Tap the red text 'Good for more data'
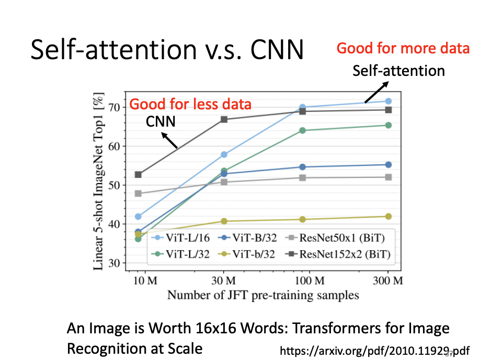point(403,49)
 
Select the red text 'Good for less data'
point(190,104)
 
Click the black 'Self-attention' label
point(398,71)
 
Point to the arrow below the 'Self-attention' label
point(376,92)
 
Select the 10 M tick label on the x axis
point(145,280)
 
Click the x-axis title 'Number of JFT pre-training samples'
point(263,295)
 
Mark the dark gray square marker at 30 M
point(224,119)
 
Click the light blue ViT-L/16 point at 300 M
point(389,101)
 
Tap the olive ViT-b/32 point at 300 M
point(389,216)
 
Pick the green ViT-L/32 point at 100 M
point(302,130)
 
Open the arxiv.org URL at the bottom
point(375,350)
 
